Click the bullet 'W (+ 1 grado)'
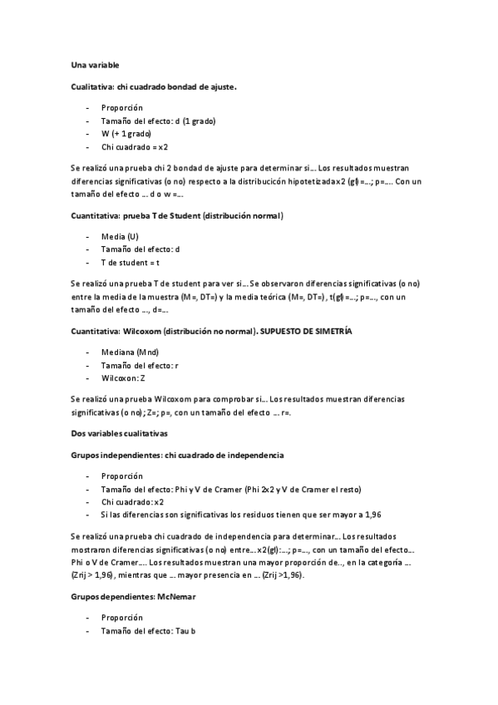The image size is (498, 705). (x=126, y=133)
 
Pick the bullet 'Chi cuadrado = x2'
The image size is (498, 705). (x=135, y=145)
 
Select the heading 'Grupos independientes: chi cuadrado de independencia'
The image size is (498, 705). (x=178, y=455)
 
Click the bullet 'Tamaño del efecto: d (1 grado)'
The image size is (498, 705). (x=158, y=121)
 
